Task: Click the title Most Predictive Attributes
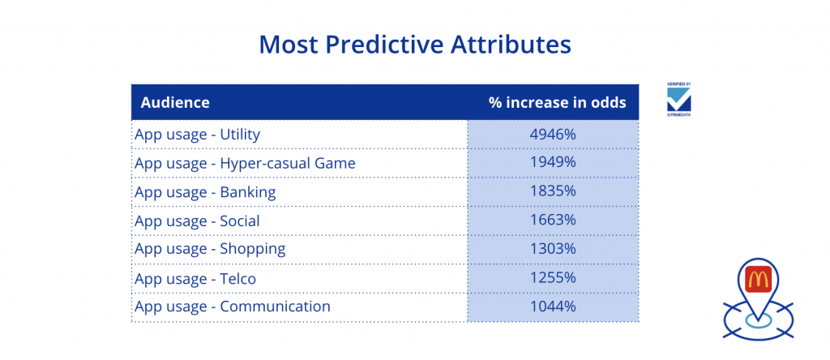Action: [414, 45]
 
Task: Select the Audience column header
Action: [175, 102]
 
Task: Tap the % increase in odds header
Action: [557, 102]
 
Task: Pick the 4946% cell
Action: [553, 134]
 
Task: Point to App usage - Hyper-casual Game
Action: [245, 163]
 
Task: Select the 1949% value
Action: [553, 163]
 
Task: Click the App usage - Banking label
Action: [205, 192]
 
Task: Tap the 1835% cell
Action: [553, 192]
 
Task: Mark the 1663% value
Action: [553, 221]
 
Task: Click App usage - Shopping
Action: [210, 249]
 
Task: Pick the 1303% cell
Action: [553, 249]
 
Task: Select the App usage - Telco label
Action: [195, 278]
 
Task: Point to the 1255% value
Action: [553, 278]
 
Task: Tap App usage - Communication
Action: [233, 306]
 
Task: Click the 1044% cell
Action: [553, 306]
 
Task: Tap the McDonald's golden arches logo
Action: [758, 278]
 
